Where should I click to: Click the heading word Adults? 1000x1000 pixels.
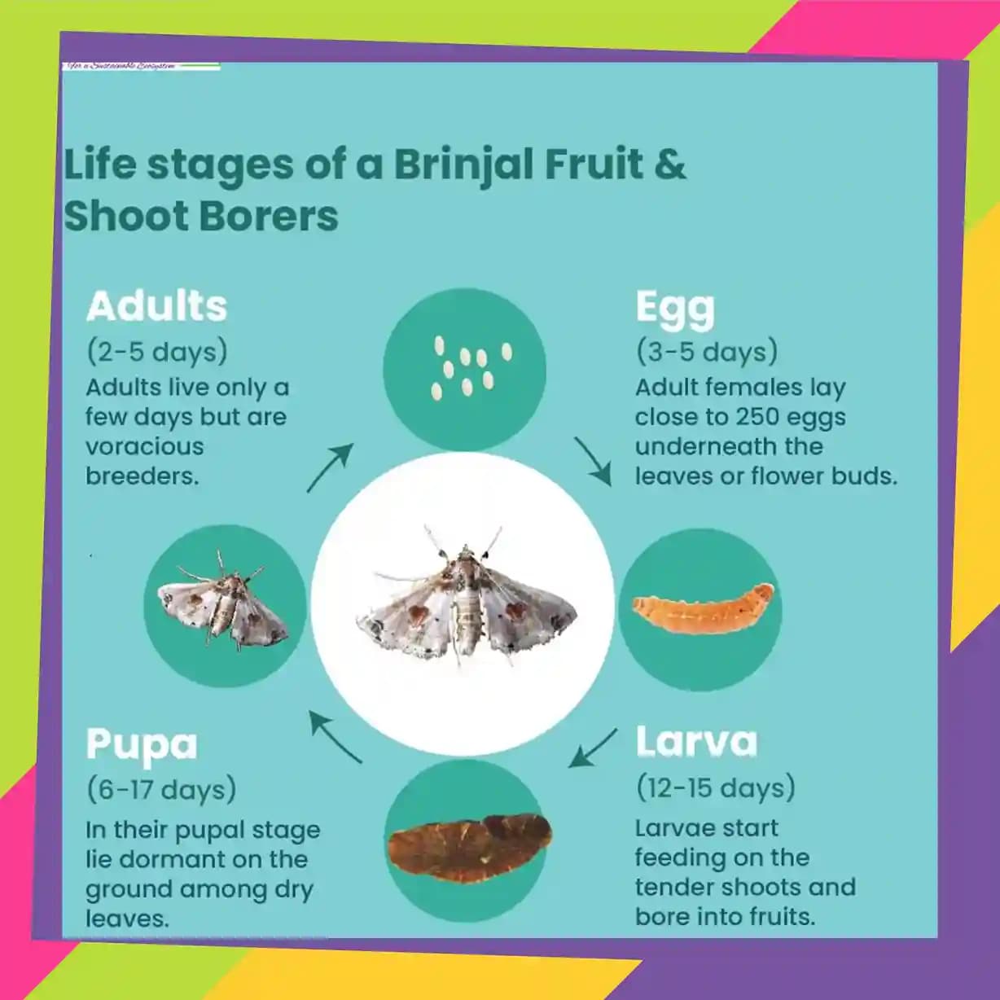coord(156,306)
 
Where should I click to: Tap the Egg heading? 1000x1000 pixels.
coord(675,309)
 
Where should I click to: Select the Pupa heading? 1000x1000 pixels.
coord(142,744)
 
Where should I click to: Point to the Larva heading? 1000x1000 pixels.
coord(696,742)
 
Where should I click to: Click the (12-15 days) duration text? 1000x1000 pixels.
coord(716,787)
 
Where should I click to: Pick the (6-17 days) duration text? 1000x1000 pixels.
coord(161,789)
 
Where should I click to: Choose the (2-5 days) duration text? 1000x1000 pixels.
coord(156,352)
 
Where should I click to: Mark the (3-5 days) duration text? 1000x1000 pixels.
coord(707,352)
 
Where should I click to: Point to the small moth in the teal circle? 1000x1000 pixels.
coord(223,607)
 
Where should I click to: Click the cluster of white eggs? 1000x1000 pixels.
coord(468,369)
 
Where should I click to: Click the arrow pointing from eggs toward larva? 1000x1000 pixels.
coord(593,461)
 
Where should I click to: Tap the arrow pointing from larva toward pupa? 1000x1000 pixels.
coord(592,748)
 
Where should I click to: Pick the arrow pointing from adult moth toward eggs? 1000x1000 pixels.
coord(330,467)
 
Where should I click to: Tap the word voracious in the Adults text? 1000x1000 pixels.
coord(145,446)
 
